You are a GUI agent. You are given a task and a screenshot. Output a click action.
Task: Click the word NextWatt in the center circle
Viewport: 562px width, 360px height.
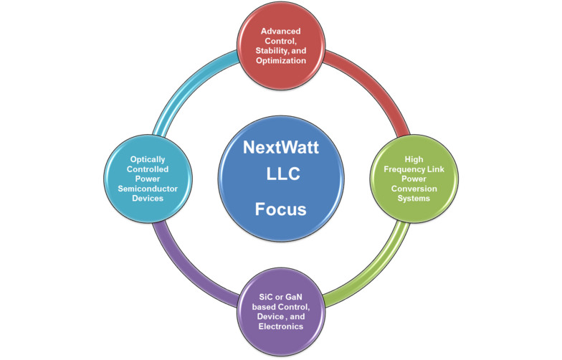click(x=281, y=148)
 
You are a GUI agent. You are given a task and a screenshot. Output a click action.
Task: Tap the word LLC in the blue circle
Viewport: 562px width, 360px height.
click(x=282, y=174)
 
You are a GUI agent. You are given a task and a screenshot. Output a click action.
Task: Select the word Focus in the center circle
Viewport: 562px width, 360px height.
click(x=281, y=209)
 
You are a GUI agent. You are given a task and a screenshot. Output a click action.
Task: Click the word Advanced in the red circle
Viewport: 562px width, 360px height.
click(x=281, y=32)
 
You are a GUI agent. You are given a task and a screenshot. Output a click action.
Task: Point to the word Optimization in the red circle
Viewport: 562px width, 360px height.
click(x=281, y=60)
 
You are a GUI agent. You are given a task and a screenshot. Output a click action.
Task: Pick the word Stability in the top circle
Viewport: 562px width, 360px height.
click(x=272, y=51)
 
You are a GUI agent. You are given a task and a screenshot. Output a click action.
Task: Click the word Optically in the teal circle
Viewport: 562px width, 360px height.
click(x=148, y=159)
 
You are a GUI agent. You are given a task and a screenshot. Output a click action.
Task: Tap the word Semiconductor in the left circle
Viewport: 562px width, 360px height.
click(x=148, y=189)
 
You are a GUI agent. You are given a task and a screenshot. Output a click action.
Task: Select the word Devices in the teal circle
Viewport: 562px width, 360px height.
click(x=148, y=198)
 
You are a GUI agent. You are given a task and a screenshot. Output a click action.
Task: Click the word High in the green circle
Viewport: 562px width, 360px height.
click(x=414, y=159)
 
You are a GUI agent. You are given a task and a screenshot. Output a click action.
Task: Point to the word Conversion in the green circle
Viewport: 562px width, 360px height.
click(x=414, y=189)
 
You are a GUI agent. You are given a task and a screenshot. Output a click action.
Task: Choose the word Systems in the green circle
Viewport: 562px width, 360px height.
click(x=414, y=199)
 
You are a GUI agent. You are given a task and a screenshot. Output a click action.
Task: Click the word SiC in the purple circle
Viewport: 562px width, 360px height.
click(x=265, y=297)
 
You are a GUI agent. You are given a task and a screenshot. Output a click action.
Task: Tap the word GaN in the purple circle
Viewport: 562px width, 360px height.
click(x=294, y=297)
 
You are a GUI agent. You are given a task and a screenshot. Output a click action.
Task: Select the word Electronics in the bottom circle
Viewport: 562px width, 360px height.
click(x=281, y=326)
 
